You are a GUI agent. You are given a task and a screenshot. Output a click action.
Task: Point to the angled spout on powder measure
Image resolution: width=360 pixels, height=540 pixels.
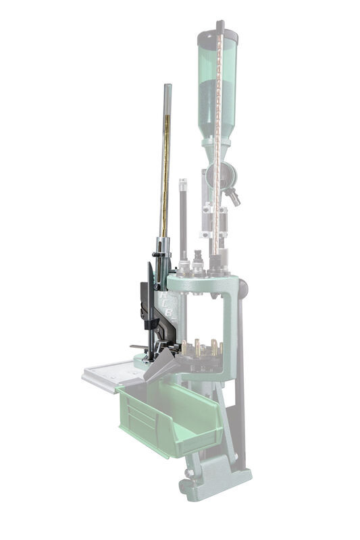click(234, 197)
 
